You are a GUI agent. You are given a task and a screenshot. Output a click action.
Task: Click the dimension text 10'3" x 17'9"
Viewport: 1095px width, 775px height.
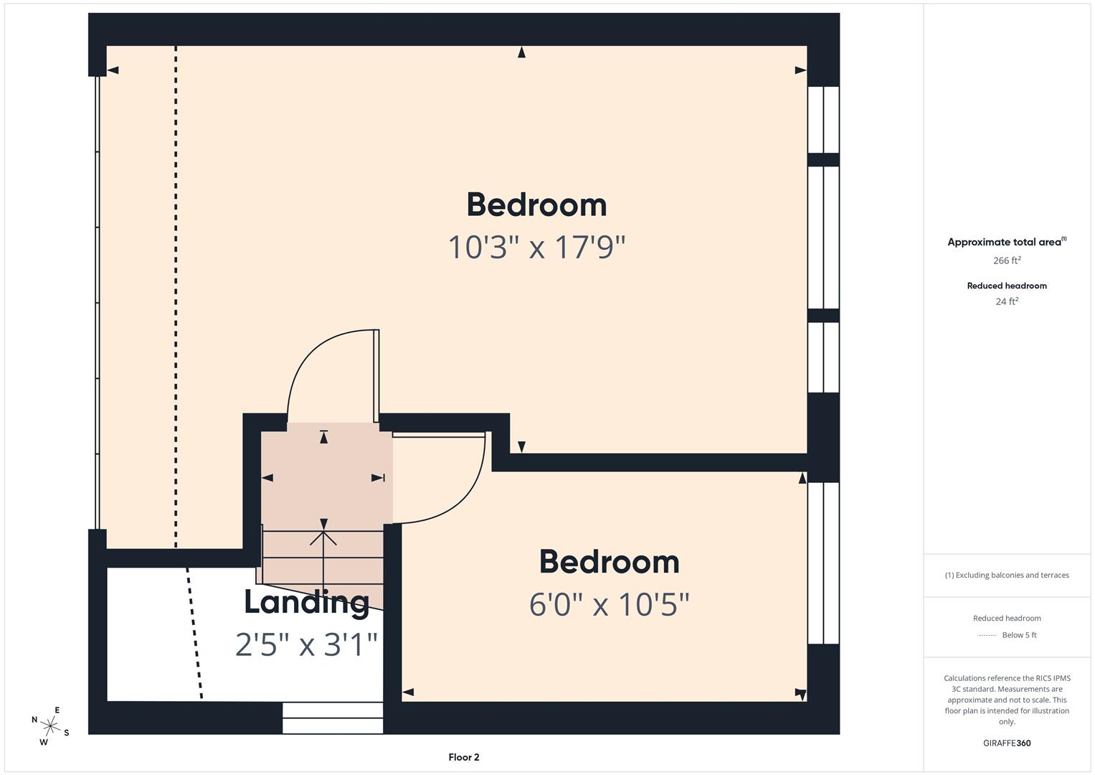click(x=536, y=248)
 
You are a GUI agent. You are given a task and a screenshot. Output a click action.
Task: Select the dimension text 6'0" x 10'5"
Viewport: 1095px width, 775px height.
click(x=609, y=605)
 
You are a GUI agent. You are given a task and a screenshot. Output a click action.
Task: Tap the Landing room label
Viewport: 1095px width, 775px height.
click(x=306, y=601)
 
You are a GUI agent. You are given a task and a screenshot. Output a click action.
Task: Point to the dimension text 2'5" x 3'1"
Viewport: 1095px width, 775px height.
click(x=306, y=644)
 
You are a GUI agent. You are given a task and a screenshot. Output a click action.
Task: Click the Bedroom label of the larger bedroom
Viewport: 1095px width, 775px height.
click(x=536, y=205)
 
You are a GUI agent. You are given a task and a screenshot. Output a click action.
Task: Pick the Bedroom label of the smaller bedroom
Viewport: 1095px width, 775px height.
click(x=609, y=562)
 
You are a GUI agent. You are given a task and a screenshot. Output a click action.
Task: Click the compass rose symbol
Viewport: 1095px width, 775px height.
click(x=50, y=726)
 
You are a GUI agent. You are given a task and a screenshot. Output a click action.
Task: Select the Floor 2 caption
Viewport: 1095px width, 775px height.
click(x=464, y=757)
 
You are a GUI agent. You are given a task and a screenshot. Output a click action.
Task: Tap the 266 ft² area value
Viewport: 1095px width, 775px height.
click(x=1007, y=260)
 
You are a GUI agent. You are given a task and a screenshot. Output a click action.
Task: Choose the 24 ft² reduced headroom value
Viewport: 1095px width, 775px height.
click(x=1007, y=301)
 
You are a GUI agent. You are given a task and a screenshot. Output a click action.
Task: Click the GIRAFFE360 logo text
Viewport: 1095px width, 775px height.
click(x=1007, y=743)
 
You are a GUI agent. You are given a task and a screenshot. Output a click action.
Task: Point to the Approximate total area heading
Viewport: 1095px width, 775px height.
click(x=1005, y=242)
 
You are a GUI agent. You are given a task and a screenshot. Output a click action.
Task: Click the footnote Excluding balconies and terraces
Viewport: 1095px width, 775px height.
click(x=1007, y=575)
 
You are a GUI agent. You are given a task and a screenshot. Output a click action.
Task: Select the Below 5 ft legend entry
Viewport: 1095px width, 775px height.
click(x=1018, y=635)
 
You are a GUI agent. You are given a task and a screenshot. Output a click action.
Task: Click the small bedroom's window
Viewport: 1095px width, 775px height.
click(x=823, y=563)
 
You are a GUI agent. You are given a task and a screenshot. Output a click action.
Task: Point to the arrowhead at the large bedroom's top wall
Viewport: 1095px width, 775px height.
click(x=521, y=52)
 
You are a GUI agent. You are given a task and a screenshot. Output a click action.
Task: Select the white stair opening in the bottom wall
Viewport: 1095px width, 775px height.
click(x=333, y=718)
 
